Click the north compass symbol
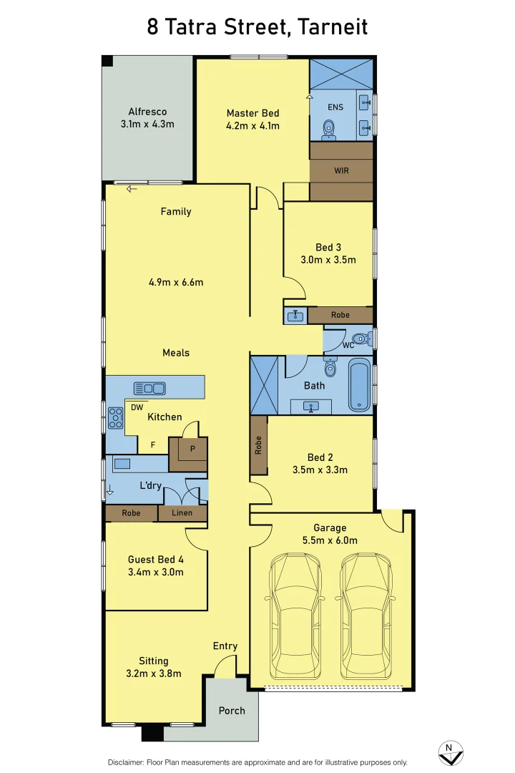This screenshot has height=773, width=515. click(x=451, y=753)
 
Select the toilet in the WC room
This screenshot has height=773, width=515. click(x=362, y=339)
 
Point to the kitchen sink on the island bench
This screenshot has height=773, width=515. click(x=149, y=389)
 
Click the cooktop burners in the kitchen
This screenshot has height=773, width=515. click(x=115, y=418)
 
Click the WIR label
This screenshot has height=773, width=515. click(x=341, y=170)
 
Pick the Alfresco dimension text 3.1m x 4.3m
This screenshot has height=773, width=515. click(x=147, y=125)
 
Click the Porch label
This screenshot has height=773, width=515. click(x=232, y=711)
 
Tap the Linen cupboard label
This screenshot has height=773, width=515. click(x=182, y=512)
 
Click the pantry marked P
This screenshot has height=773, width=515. click(x=188, y=454)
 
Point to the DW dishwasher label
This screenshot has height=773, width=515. click(x=137, y=407)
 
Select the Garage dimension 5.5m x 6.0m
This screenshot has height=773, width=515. click(x=330, y=540)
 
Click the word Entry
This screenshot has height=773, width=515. click(x=225, y=646)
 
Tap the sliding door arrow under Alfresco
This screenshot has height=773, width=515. click(x=131, y=189)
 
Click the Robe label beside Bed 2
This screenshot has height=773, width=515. click(x=258, y=445)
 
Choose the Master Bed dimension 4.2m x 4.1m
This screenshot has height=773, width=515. click(x=252, y=126)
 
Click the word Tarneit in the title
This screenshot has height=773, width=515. click(x=333, y=26)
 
